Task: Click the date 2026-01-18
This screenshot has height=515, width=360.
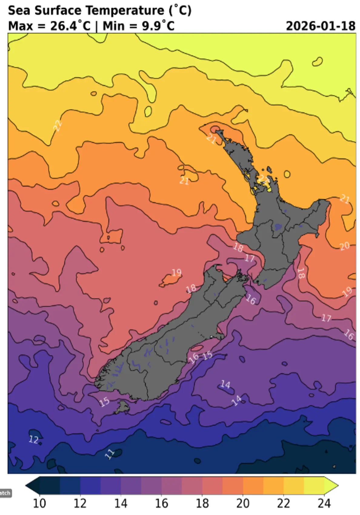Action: [x=320, y=26]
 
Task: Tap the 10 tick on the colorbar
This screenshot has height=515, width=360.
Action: [x=39, y=504]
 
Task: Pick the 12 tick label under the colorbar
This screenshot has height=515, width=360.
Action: [x=80, y=504]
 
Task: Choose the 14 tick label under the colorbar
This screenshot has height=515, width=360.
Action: [x=121, y=504]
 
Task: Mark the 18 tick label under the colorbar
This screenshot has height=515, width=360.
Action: [x=202, y=504]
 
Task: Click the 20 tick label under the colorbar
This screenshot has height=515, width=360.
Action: [x=243, y=504]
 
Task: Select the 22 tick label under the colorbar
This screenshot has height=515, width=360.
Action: [x=283, y=504]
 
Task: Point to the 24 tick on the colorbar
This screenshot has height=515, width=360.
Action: [x=324, y=504]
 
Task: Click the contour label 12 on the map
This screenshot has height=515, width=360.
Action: [x=34, y=439]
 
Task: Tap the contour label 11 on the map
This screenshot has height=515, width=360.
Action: [x=109, y=454]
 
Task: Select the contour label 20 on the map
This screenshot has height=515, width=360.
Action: [x=345, y=246]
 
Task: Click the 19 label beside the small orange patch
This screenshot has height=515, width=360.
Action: [x=177, y=273]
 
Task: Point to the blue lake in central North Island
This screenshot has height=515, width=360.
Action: [x=278, y=226]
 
